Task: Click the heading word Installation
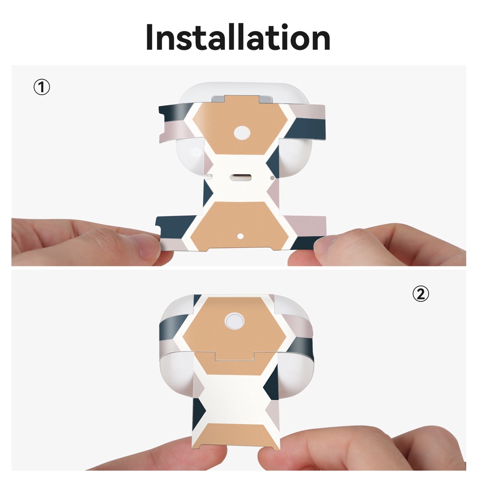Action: (x=238, y=37)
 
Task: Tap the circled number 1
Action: (x=41, y=87)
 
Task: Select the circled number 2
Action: (x=421, y=294)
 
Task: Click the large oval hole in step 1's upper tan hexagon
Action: (x=242, y=133)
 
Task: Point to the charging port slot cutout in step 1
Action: (x=241, y=177)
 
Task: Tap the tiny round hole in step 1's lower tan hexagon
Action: (x=240, y=236)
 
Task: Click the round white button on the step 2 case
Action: (x=234, y=321)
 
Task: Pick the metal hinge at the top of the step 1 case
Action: (x=242, y=99)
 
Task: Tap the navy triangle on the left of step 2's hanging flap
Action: (x=199, y=411)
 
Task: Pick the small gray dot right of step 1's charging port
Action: (x=272, y=178)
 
